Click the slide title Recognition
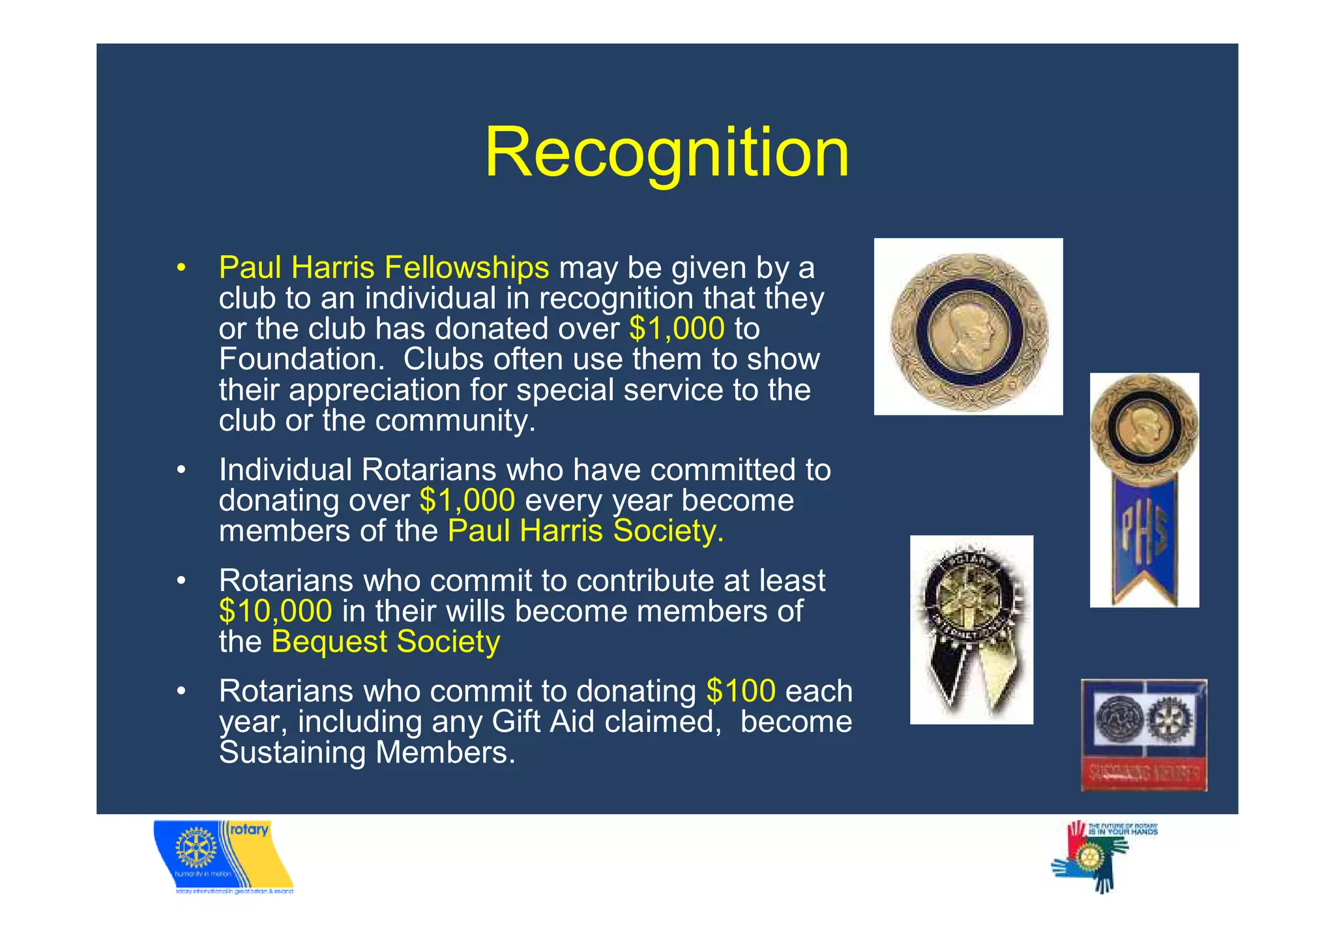pos(667,152)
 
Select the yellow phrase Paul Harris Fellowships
pos(383,267)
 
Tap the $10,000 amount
pos(275,611)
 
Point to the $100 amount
pos(741,691)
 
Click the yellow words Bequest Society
pos(385,642)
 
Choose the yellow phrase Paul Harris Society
pos(585,531)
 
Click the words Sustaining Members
pos(366,753)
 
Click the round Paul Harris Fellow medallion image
pos(968,327)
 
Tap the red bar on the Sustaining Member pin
pos(1143,774)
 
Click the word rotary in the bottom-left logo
pos(249,830)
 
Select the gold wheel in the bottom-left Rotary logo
pos(196,847)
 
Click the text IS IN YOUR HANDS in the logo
pos(1122,832)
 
